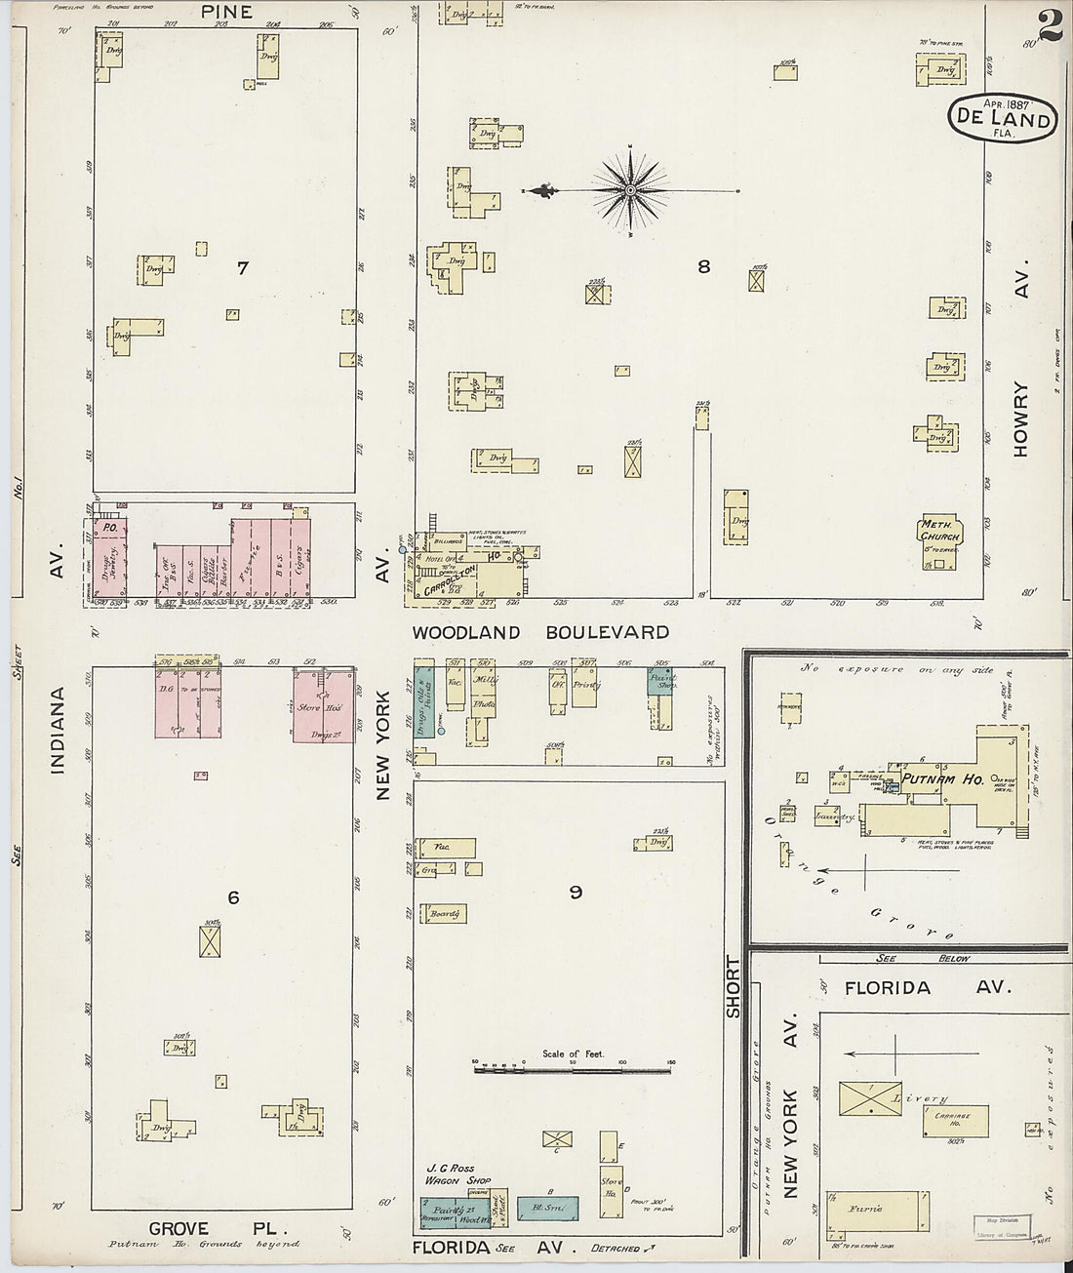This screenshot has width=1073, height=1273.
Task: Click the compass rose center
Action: pos(630,189)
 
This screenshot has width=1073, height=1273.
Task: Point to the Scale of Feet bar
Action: pos(573,1070)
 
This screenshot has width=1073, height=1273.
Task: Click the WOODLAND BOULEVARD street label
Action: pos(540,632)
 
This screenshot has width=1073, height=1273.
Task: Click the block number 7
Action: pos(242,267)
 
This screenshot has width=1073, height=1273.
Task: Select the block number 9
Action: pos(576,892)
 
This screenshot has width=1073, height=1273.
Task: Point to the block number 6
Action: pos(233,897)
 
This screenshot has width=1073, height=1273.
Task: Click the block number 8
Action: pos(703,266)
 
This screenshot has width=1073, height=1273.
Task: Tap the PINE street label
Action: pos(226,12)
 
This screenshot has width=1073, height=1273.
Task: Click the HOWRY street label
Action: pos(1021,418)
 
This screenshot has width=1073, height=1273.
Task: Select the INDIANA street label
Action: pos(58,732)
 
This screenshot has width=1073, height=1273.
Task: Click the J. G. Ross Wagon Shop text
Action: pos(458,1174)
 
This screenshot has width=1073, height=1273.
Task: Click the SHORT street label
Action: pos(734,987)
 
